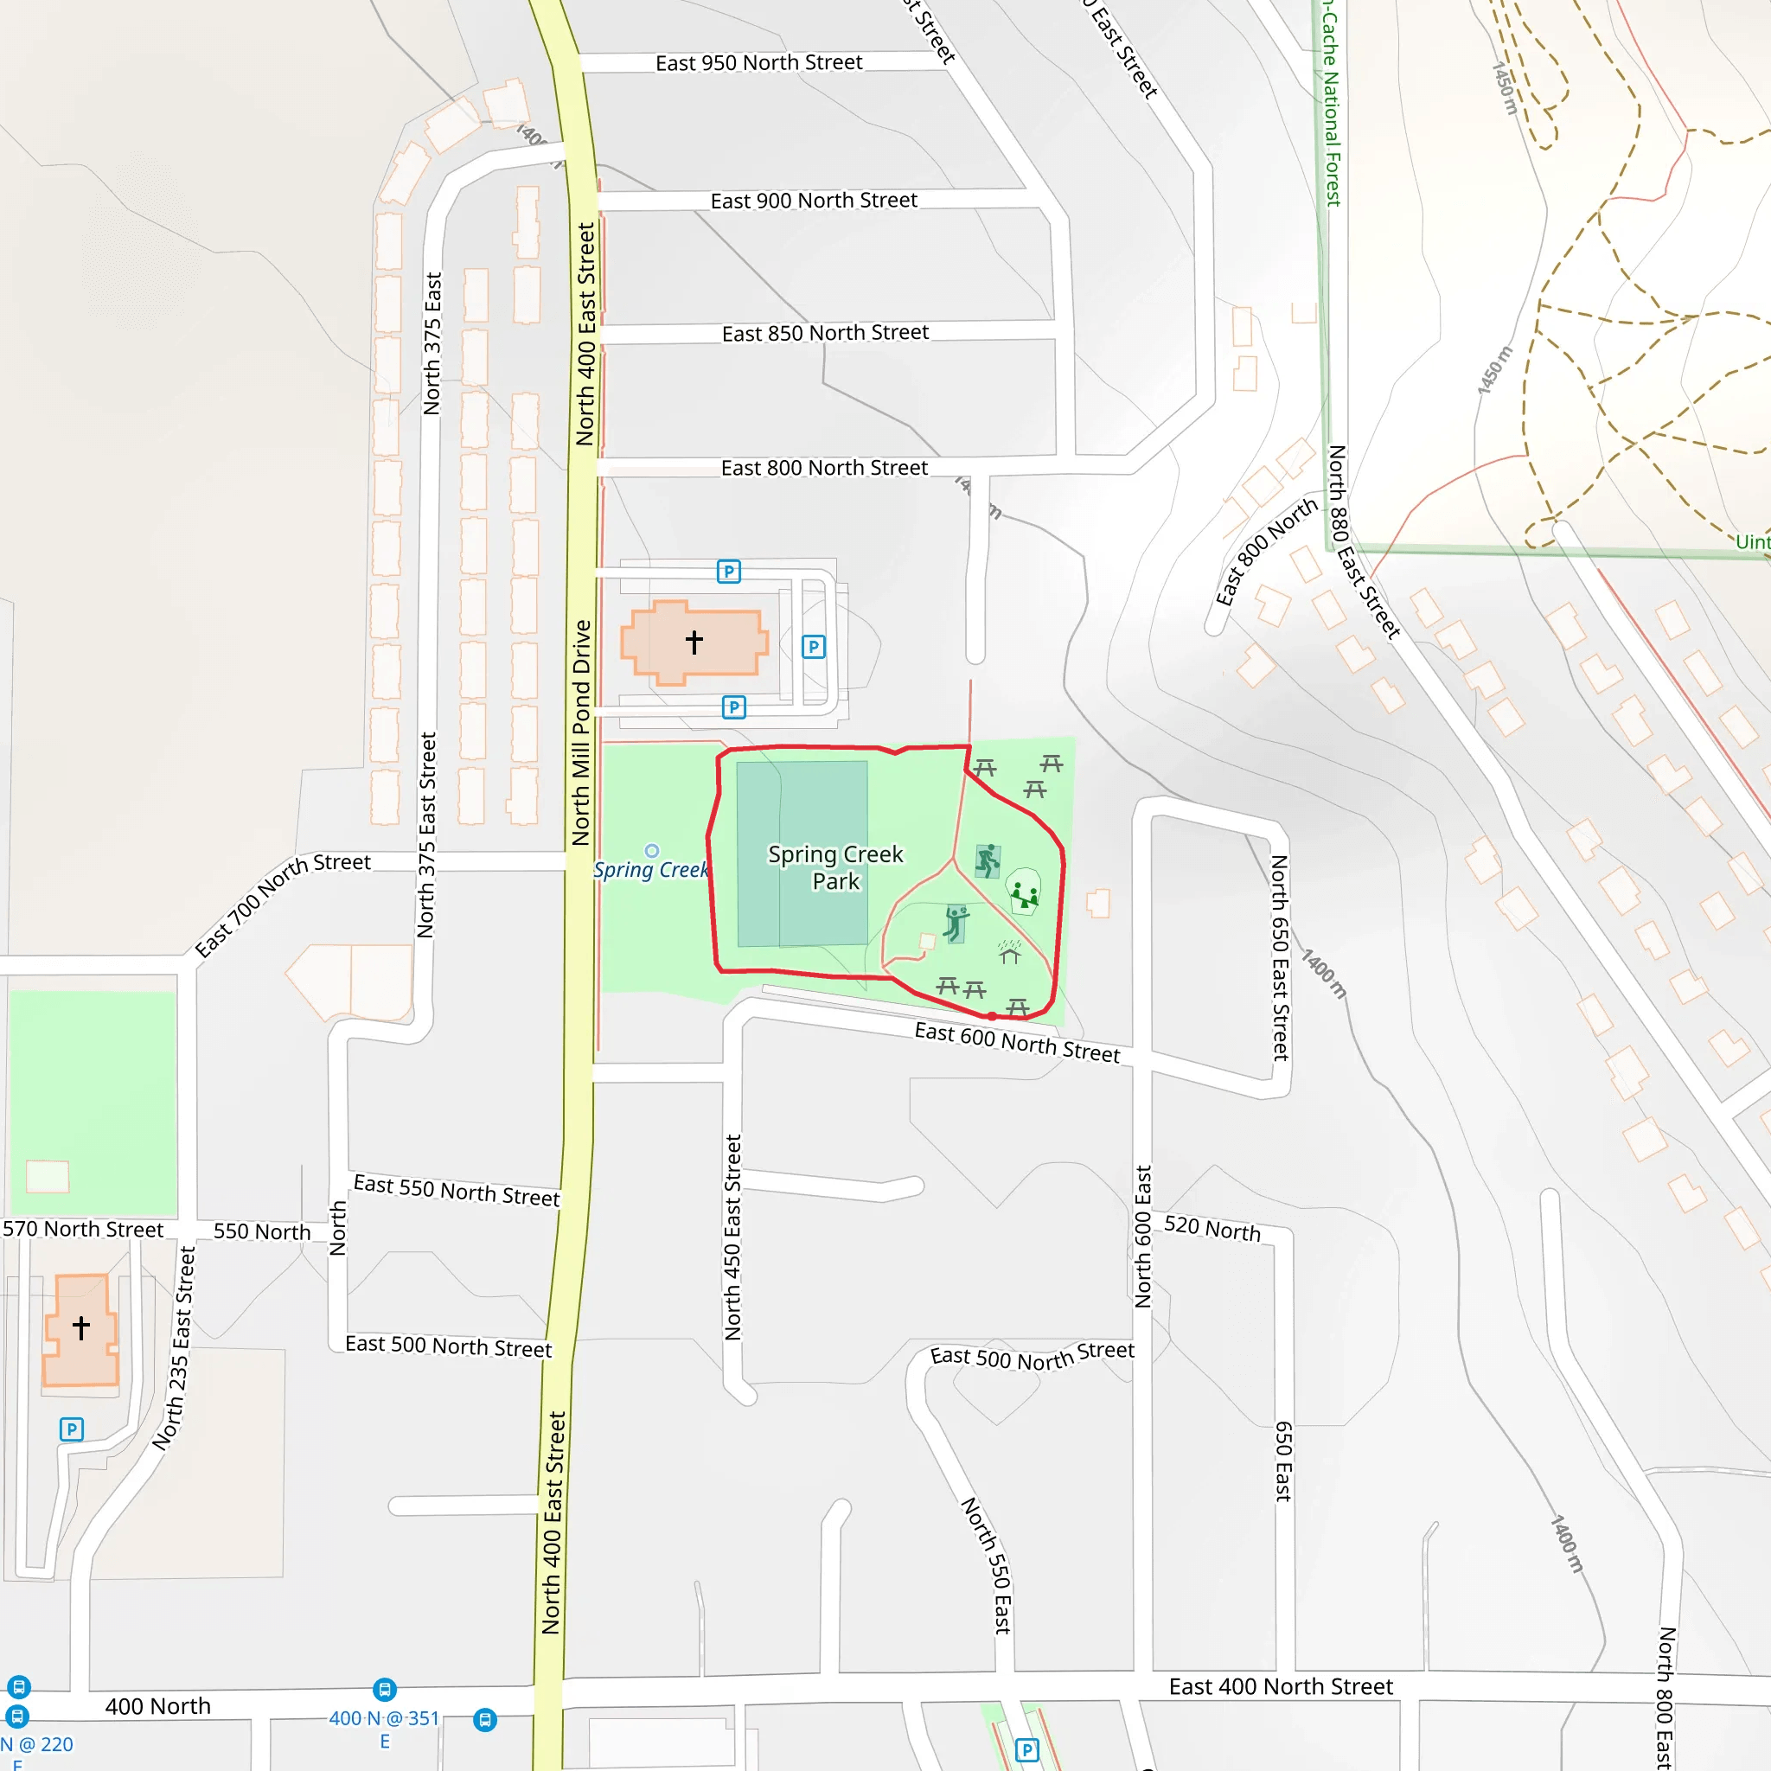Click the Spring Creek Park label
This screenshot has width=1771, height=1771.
pyautogui.click(x=835, y=867)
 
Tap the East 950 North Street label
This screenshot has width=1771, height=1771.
pyautogui.click(x=758, y=62)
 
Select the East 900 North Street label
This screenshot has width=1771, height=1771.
pyautogui.click(x=813, y=200)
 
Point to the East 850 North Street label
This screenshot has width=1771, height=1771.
pyautogui.click(x=825, y=333)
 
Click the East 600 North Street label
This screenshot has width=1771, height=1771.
pyautogui.click(x=1017, y=1042)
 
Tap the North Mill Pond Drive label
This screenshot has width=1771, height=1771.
pyautogui.click(x=581, y=732)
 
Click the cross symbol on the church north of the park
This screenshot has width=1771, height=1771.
pyautogui.click(x=694, y=642)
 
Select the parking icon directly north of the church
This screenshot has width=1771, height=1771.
pyautogui.click(x=728, y=572)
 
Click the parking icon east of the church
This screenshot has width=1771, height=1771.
pyautogui.click(x=813, y=647)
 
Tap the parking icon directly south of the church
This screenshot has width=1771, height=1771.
pyautogui.click(x=733, y=706)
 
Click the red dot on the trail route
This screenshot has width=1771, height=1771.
pyautogui.click(x=992, y=1016)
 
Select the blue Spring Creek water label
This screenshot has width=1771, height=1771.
pyautogui.click(x=650, y=869)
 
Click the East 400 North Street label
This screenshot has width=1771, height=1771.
pyautogui.click(x=1281, y=1686)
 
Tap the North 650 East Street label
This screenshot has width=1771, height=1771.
pyautogui.click(x=1280, y=957)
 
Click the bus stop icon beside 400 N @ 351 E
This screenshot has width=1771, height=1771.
pyautogui.click(x=385, y=1689)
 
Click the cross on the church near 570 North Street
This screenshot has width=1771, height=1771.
pyautogui.click(x=81, y=1327)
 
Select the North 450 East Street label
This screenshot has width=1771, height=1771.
pyautogui.click(x=732, y=1237)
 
